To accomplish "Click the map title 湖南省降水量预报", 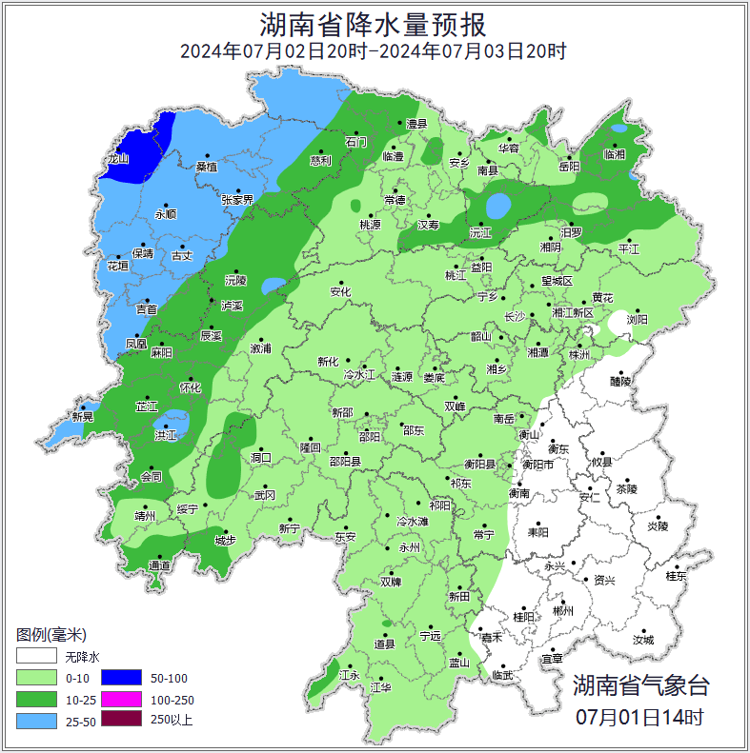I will point(374,23).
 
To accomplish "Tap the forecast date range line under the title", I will point(374,50).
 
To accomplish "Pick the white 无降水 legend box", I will point(35,656).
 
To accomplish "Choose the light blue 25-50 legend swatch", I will point(35,721).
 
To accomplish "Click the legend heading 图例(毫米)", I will point(51,635).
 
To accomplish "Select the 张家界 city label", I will point(237,200).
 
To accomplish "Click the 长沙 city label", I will point(515,316).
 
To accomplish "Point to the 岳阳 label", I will point(569,167).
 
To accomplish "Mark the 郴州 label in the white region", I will point(563,611).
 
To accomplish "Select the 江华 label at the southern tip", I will point(381,687).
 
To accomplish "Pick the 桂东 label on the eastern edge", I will point(676,576).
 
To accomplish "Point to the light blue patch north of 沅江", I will point(498,205).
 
